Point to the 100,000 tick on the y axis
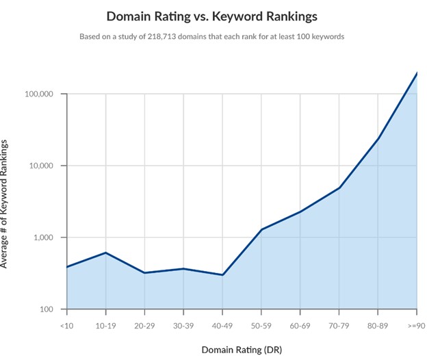pos(44,94)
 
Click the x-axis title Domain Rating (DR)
pos(242,349)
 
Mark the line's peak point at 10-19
pos(106,253)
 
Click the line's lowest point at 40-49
pos(222,275)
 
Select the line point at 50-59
pos(261,229)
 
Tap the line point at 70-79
pos(339,188)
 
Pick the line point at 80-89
pos(378,138)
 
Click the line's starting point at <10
pos(67,267)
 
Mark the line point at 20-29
pos(145,273)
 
